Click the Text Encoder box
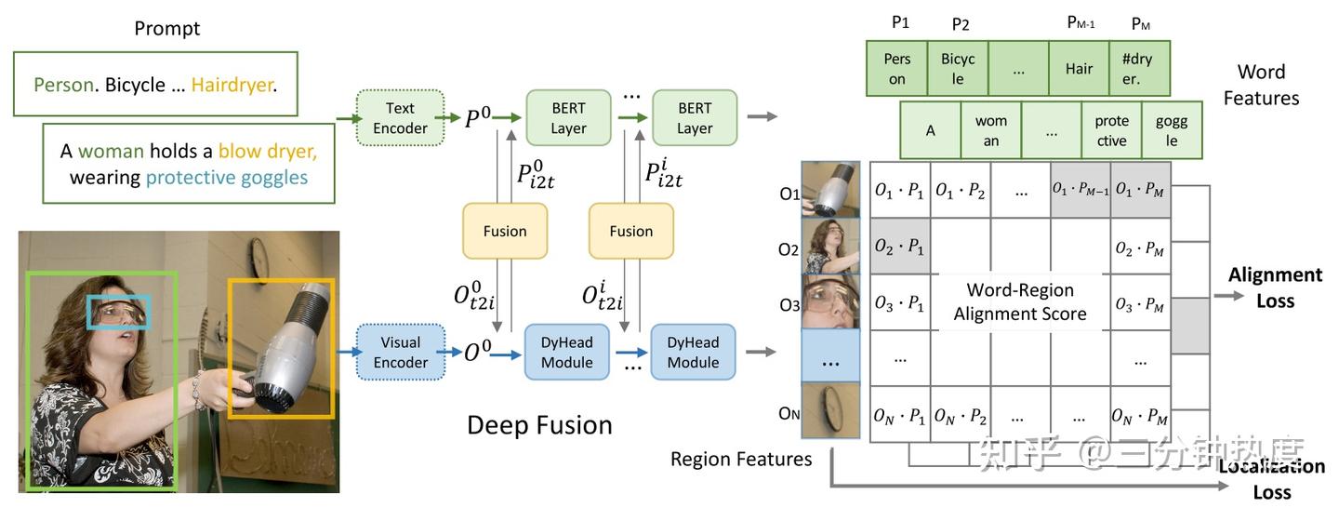click(x=400, y=118)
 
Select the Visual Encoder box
click(x=400, y=352)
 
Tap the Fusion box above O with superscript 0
click(x=505, y=231)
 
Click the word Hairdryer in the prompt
click(x=232, y=85)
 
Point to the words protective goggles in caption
click(x=227, y=177)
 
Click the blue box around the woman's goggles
click(x=118, y=312)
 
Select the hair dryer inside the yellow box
click(x=284, y=346)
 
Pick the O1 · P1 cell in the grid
click(x=899, y=191)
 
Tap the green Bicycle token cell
click(x=958, y=68)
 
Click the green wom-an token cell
click(x=991, y=130)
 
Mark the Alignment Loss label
click(x=1275, y=287)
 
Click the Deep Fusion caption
click(x=539, y=425)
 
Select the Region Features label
click(x=741, y=459)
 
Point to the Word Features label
click(x=1261, y=85)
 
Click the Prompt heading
click(x=167, y=28)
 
